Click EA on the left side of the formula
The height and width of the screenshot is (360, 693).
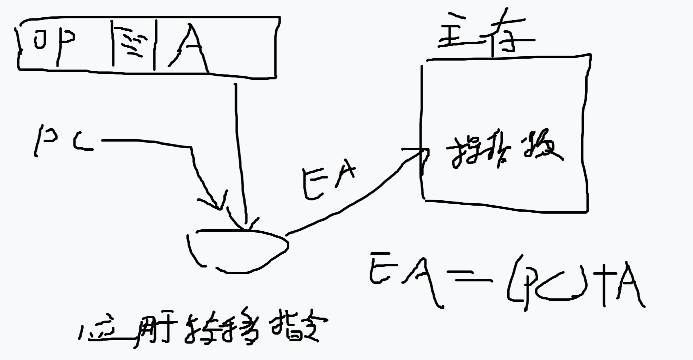click(x=405, y=280)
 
